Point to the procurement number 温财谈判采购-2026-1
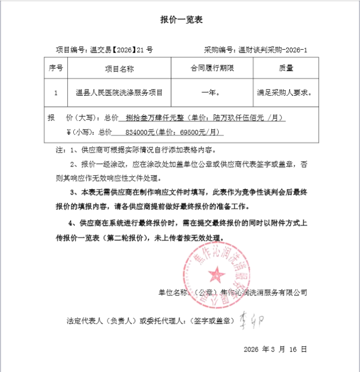pyautogui.click(x=256, y=50)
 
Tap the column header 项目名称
pyautogui.click(x=119, y=68)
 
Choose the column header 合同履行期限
pyautogui.click(x=212, y=68)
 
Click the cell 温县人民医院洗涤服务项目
pyautogui.click(x=119, y=92)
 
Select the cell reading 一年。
pyautogui.click(x=212, y=92)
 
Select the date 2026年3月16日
pyautogui.click(x=275, y=349)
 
